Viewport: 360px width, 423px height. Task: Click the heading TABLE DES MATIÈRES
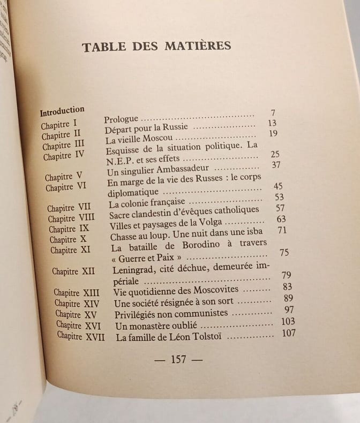[x=156, y=47]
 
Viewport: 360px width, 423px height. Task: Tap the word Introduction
[x=62, y=111]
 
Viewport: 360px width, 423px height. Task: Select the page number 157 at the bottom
[x=178, y=359]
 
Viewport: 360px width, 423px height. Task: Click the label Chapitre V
[x=63, y=177]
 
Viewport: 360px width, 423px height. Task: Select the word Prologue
[x=121, y=119]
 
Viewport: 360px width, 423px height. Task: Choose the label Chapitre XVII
[x=81, y=337]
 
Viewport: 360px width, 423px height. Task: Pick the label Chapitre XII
[x=73, y=271]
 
